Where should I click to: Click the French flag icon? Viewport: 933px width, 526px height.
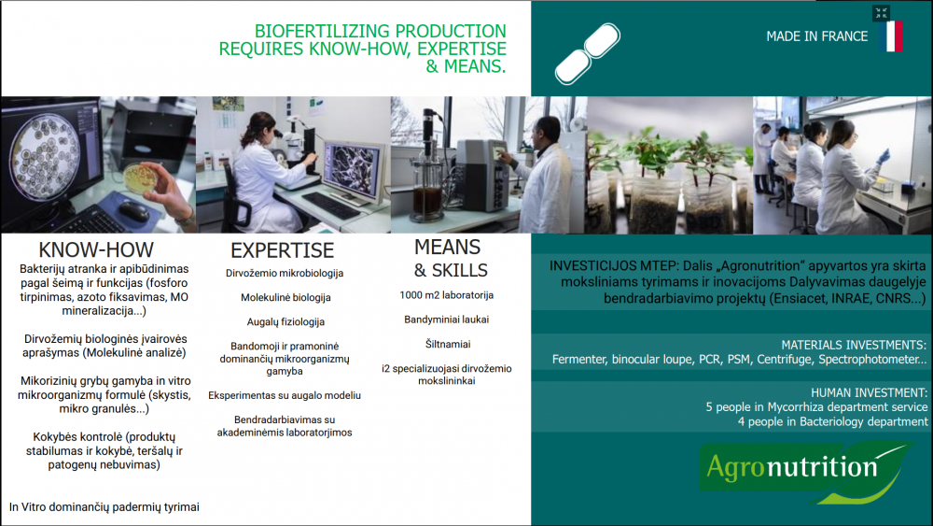point(891,36)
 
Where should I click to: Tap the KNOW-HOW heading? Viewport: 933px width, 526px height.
point(96,249)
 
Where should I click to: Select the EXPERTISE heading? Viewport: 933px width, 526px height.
point(282,250)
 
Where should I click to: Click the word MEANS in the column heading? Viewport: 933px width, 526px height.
point(448,247)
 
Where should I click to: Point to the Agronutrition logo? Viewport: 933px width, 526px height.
point(805,471)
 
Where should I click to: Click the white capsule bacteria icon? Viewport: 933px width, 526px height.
point(587,53)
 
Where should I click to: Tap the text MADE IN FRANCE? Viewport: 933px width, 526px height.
point(817,36)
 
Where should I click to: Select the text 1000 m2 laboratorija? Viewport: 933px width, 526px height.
point(446,295)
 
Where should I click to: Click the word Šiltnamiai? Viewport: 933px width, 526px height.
point(448,344)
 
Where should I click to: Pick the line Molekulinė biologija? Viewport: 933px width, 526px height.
point(285,297)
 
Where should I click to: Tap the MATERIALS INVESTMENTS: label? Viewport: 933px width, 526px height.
point(854,345)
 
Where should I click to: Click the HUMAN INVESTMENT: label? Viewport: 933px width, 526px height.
point(869,392)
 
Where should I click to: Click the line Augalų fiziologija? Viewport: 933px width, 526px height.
point(285,322)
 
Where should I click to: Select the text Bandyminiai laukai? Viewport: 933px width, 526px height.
point(446,320)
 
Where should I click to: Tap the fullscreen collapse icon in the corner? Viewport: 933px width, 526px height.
point(882,13)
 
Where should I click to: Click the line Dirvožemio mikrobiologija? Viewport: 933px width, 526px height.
point(285,274)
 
